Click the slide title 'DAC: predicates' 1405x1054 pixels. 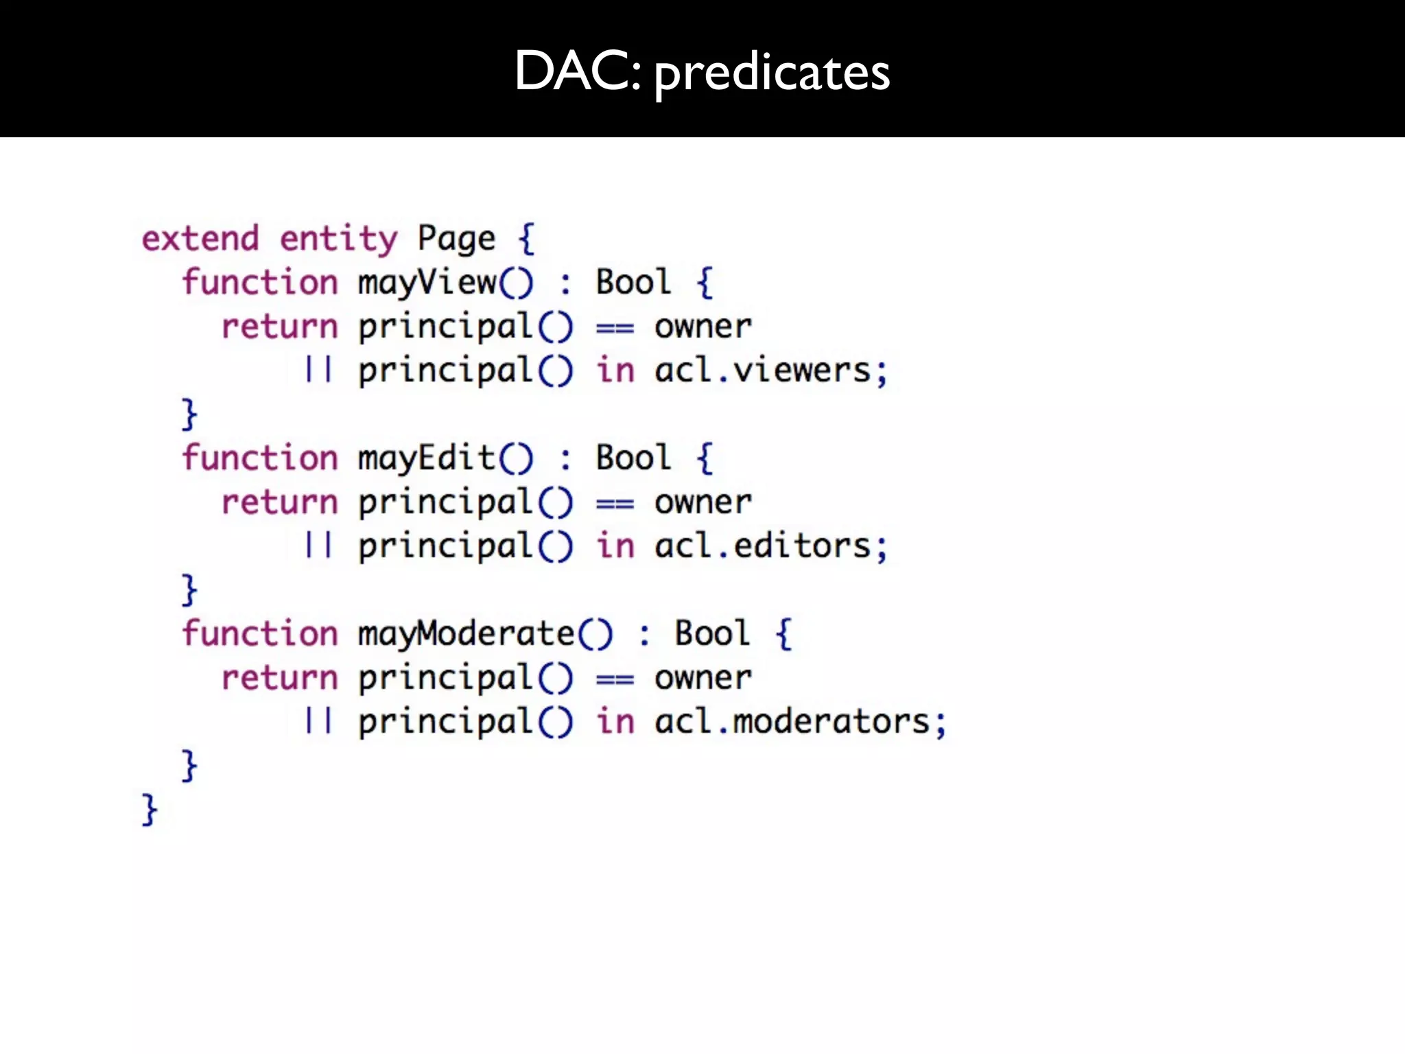[x=702, y=71]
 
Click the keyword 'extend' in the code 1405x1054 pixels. [x=200, y=239]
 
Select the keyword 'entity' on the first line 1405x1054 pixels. [x=338, y=239]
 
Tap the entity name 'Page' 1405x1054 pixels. [x=456, y=239]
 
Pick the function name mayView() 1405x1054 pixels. [x=445, y=283]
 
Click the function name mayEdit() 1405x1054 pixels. [x=445, y=458]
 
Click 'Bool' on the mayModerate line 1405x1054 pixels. [x=712, y=633]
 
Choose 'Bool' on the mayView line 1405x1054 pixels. [x=633, y=283]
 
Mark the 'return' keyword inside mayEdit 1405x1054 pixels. [x=280, y=503]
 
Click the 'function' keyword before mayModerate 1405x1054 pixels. [x=260, y=634]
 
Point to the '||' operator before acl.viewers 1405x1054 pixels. [x=318, y=371]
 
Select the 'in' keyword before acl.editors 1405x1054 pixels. [x=615, y=547]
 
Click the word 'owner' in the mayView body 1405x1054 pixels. [x=703, y=327]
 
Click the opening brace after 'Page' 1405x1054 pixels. [x=526, y=239]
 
